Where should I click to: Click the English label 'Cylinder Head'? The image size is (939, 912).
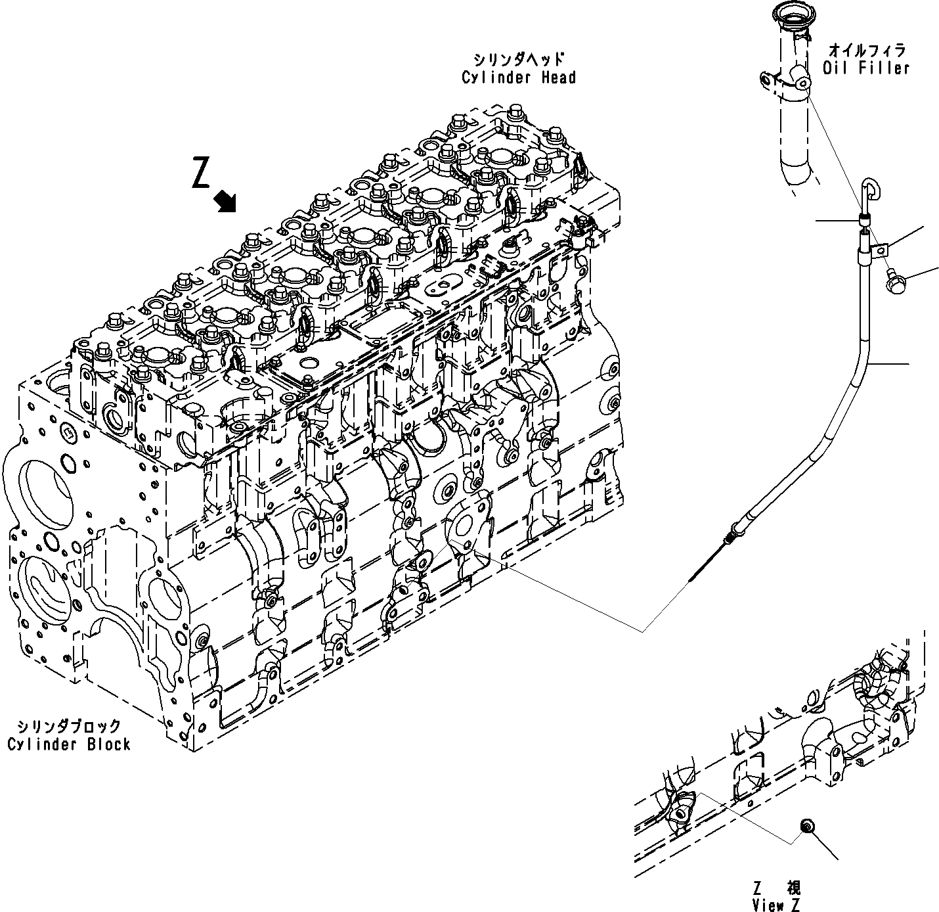click(518, 78)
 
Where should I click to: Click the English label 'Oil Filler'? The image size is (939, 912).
click(866, 68)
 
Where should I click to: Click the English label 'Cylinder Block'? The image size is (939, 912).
click(69, 744)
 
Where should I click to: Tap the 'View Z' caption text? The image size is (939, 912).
click(777, 905)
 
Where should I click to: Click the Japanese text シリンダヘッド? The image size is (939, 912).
click(518, 59)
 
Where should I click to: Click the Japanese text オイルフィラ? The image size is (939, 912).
click(866, 50)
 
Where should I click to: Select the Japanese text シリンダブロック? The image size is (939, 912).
click(69, 726)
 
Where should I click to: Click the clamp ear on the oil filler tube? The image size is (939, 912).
click(766, 80)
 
